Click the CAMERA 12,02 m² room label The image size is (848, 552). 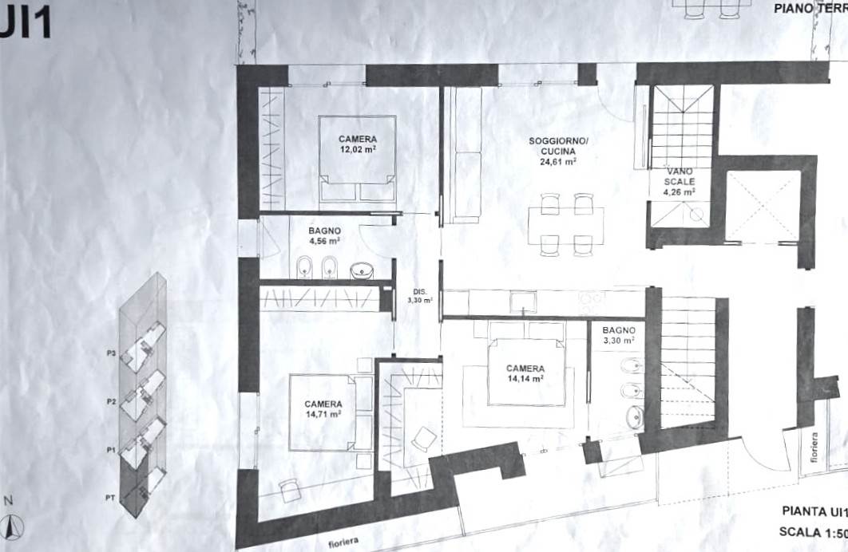pos(358,144)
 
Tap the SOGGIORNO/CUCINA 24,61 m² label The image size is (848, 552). pos(558,151)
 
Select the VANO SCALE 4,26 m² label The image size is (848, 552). pos(680,182)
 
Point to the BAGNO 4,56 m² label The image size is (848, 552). pos(324,236)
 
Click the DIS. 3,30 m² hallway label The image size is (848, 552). pos(420,296)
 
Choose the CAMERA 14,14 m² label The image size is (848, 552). pos(525,373)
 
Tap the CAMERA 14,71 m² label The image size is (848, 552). pos(323,409)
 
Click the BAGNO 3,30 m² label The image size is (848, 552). pos(619,335)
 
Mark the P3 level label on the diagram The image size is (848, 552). pos(112,353)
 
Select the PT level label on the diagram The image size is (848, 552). pos(110,498)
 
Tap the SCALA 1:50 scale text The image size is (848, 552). pos(813,531)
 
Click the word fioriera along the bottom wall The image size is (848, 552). pos(343,542)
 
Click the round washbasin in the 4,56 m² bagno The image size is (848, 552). pos(362,270)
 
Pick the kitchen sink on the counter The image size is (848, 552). pos(524,302)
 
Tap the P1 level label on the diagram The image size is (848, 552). pos(111,449)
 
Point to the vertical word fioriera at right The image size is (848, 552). pos(814,448)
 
